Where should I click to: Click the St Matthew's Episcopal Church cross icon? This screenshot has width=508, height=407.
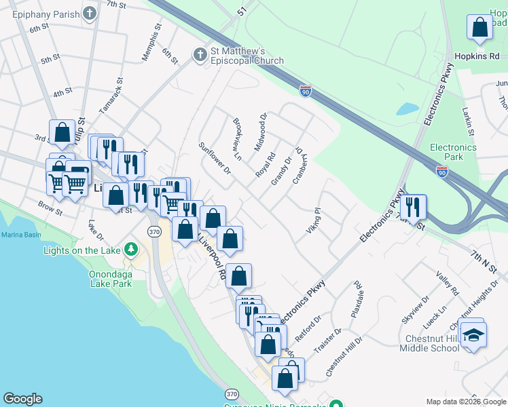[x=200, y=54]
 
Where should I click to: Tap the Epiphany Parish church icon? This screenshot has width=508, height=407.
[x=89, y=13]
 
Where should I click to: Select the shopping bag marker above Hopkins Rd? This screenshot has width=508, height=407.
[x=479, y=28]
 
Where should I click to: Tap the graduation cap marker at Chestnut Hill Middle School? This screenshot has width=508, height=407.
[x=473, y=334]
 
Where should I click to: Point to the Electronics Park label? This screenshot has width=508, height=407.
[x=453, y=152]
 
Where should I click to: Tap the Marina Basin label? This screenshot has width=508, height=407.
[x=21, y=235]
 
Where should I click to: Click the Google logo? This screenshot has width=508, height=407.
[x=22, y=399]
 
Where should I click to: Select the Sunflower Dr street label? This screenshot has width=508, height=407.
[x=215, y=157]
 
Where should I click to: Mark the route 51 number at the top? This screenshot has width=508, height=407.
[x=241, y=12]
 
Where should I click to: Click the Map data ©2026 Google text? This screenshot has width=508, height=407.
[x=465, y=402]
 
